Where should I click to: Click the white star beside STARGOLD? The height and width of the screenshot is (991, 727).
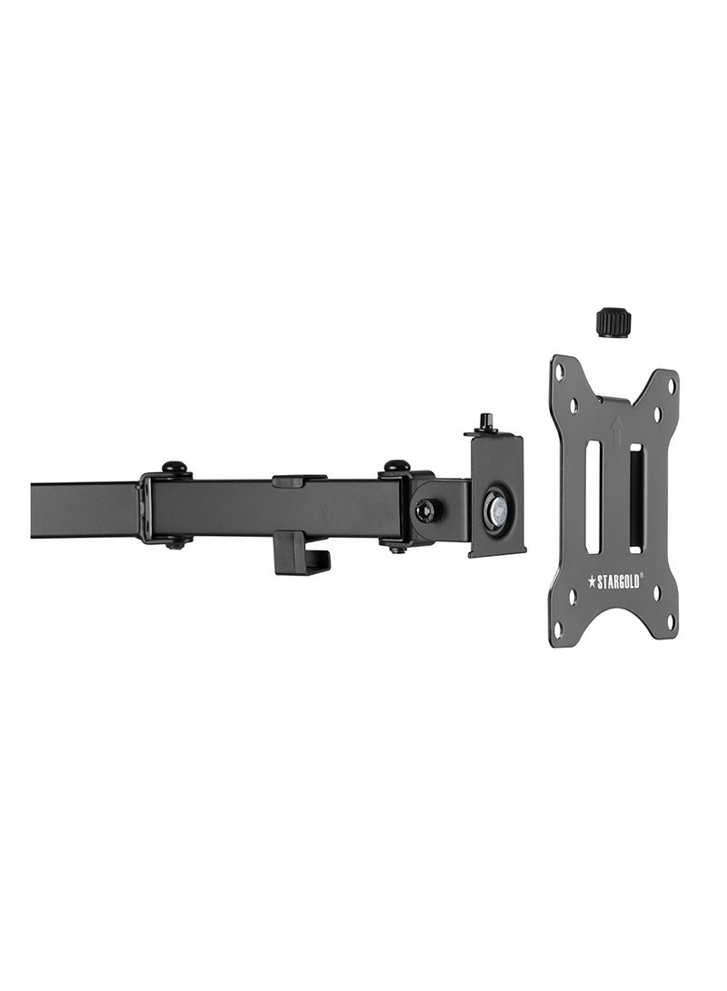pyautogui.click(x=593, y=581)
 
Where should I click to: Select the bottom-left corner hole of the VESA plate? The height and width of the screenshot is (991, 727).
pyautogui.click(x=558, y=628)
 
